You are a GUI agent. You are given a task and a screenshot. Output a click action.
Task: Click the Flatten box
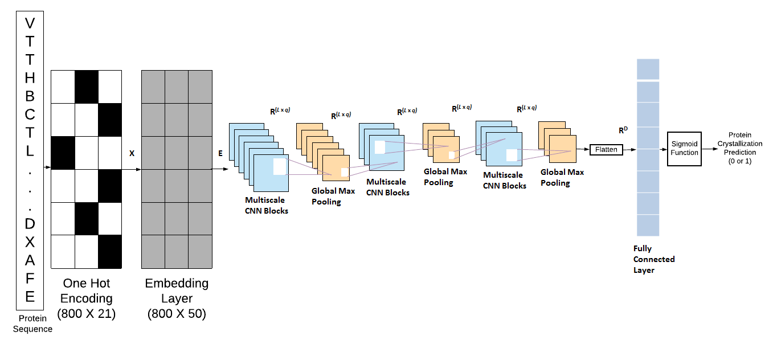click(x=606, y=149)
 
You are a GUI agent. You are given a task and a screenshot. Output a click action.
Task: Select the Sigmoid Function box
click(x=684, y=149)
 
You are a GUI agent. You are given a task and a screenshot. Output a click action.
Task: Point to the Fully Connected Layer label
click(x=654, y=259)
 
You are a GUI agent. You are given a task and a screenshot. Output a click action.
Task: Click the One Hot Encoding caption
click(x=86, y=291)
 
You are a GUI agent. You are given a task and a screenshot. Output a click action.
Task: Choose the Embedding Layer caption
click(x=177, y=291)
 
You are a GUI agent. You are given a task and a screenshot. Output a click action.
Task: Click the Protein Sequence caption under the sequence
click(x=32, y=324)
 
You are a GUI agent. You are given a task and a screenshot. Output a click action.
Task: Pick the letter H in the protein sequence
click(x=30, y=77)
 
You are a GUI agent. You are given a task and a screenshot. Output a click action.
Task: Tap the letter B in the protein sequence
click(x=30, y=96)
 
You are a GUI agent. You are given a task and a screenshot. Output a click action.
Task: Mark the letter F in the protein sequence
click(x=30, y=278)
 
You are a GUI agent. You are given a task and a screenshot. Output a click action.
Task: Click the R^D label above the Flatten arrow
click(x=623, y=130)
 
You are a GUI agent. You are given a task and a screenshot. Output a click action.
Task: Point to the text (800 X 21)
click(x=86, y=313)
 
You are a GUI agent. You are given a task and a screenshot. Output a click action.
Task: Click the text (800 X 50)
click(x=177, y=313)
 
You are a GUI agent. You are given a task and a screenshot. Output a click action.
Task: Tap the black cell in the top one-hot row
click(x=87, y=87)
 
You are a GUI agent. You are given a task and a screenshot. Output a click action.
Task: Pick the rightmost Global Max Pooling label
click(x=562, y=177)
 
